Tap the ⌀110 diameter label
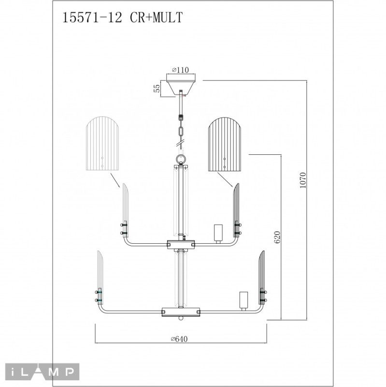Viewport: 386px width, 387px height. [180, 70]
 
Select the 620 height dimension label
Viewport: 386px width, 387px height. [277, 237]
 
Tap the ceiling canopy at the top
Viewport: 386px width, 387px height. [181, 83]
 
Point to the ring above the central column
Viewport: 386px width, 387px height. [181, 159]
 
